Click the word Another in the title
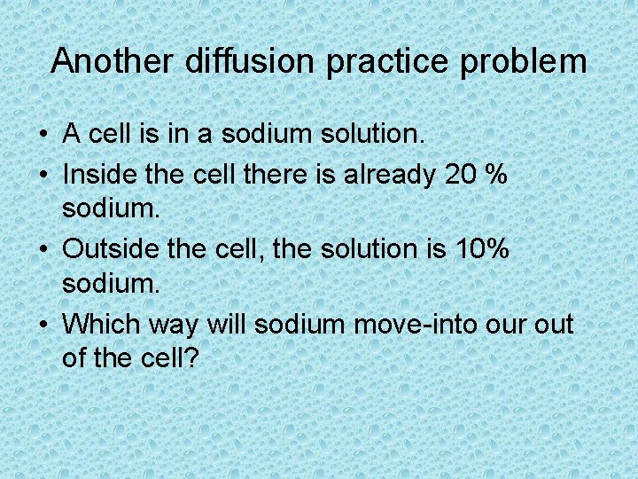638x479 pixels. (x=113, y=61)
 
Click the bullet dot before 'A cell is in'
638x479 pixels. (x=43, y=137)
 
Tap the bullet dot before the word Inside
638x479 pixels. (x=43, y=176)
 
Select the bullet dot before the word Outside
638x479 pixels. (x=43, y=250)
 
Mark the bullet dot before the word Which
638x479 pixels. (x=43, y=326)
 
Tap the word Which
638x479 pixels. (x=99, y=324)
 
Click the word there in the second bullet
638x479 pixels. (x=272, y=175)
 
